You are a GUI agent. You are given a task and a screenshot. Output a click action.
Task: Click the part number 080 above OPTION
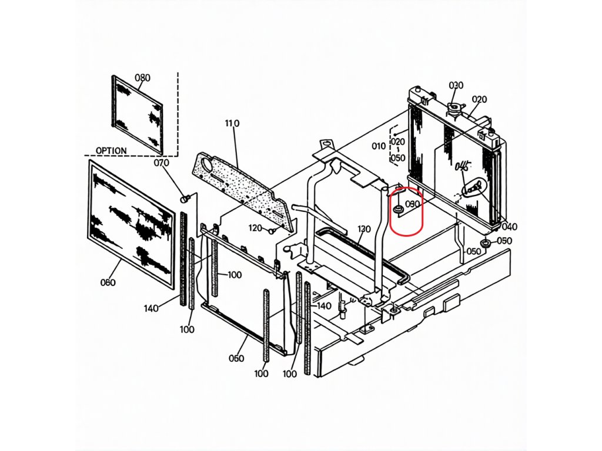[x=143, y=78]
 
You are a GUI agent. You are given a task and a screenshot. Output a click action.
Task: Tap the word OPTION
[x=111, y=150]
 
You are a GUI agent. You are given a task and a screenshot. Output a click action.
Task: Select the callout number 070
[x=161, y=163]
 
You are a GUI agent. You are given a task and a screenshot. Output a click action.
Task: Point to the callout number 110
[x=232, y=123]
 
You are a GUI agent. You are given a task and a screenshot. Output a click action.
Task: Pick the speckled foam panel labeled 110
[x=241, y=188]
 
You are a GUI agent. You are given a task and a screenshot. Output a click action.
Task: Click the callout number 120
[x=255, y=228]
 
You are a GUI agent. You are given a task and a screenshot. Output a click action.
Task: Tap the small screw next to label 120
[x=272, y=230]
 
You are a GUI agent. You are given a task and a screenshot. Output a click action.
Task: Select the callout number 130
[x=364, y=229]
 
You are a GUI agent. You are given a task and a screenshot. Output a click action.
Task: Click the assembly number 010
[x=379, y=146]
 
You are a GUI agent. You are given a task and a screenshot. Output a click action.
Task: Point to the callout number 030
[x=456, y=85]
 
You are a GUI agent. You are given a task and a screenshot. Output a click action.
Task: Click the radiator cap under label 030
[x=454, y=109]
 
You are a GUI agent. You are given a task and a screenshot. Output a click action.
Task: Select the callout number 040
[x=509, y=227]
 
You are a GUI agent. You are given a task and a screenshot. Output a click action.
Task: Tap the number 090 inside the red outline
[x=413, y=204]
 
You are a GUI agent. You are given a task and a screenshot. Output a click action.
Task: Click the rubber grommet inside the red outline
[x=398, y=208]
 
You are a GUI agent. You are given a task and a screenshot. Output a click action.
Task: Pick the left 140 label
[x=152, y=308]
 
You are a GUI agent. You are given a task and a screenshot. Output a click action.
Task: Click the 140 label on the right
[x=324, y=306]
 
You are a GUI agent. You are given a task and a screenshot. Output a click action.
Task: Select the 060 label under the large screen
[x=108, y=282]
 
